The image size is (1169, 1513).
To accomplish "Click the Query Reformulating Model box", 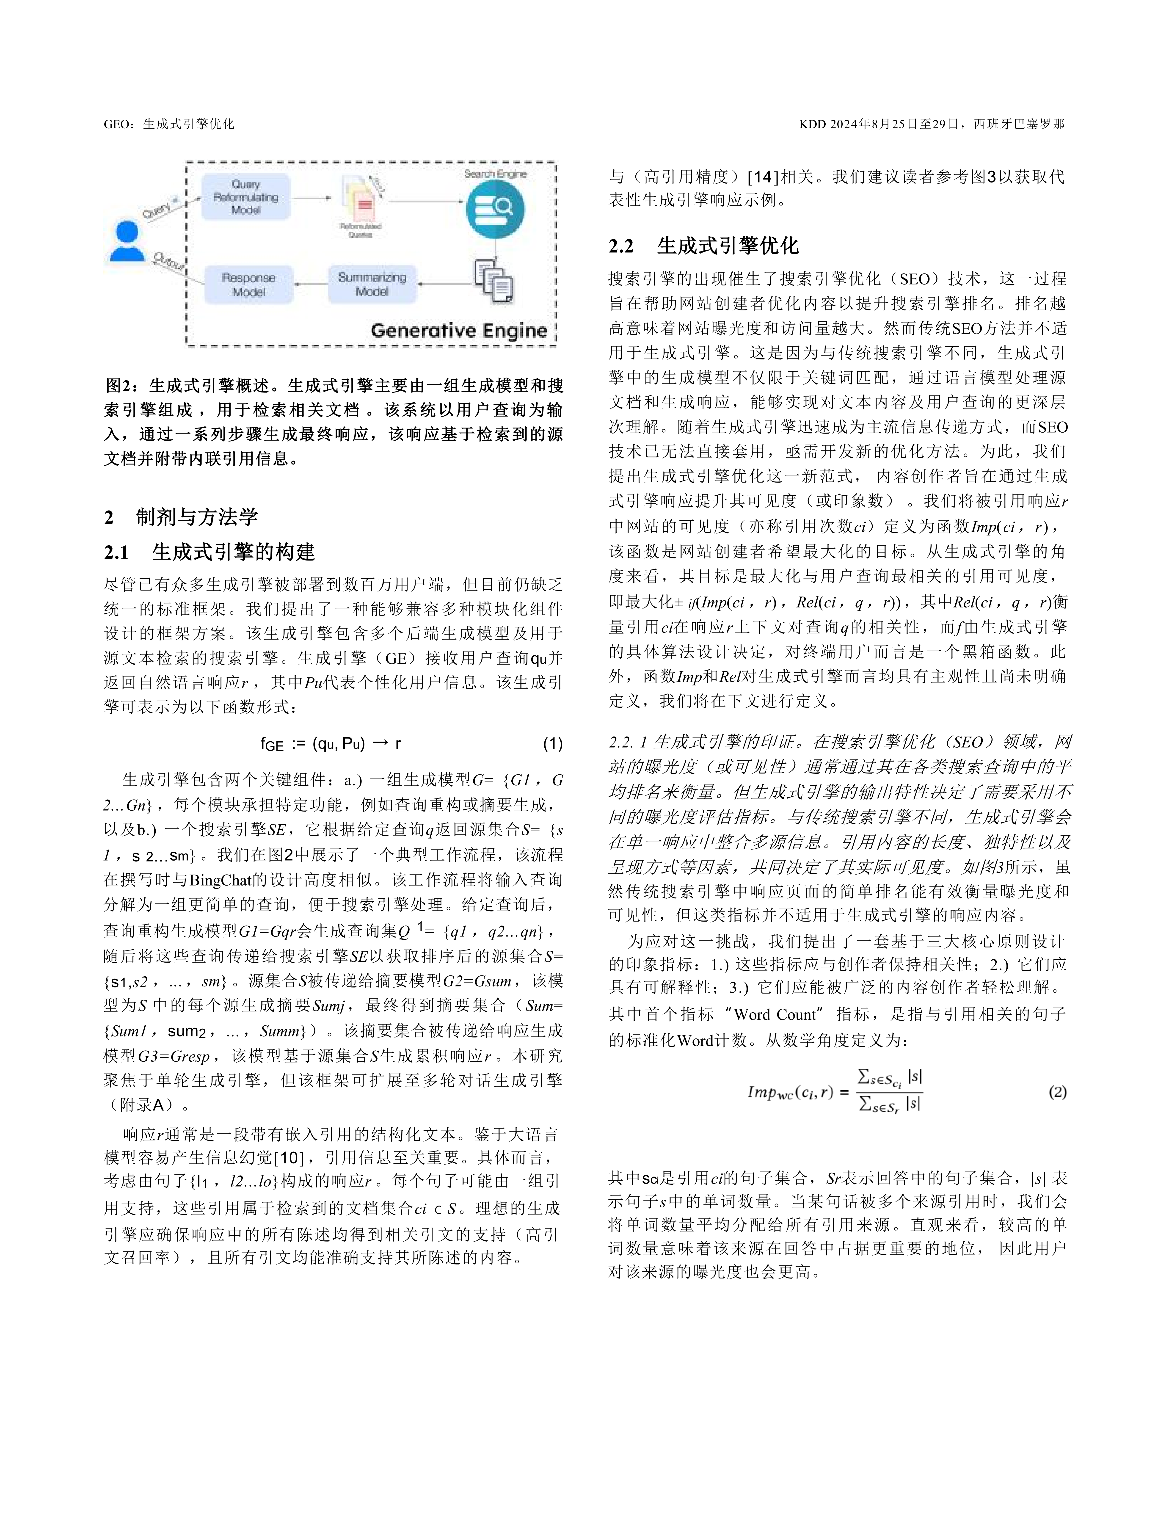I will pyautogui.click(x=246, y=197).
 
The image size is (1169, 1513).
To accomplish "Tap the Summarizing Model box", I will pyautogui.click(x=372, y=284).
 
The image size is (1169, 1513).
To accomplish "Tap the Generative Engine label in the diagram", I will pyautogui.click(x=459, y=330).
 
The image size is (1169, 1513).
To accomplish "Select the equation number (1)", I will pyautogui.click(x=552, y=744).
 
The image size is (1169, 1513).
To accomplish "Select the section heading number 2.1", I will pyautogui.click(x=117, y=552).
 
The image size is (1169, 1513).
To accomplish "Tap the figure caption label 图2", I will pyautogui.click(x=119, y=385).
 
